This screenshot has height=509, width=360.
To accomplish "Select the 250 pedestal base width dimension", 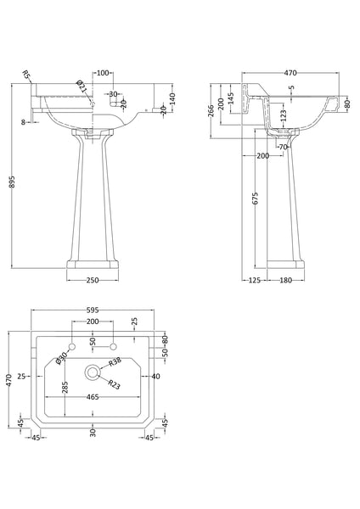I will point(93,280).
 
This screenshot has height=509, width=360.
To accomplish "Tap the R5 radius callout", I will point(28,76).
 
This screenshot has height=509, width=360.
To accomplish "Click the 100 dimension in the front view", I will point(102,74).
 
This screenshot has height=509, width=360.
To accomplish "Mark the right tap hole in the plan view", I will point(113,349).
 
